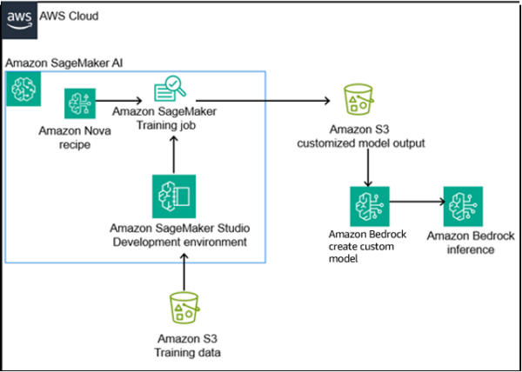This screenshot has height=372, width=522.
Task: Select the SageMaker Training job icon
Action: coord(171,90)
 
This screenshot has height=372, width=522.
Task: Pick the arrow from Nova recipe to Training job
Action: coord(122,102)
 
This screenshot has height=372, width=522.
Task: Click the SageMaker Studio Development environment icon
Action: coord(174,196)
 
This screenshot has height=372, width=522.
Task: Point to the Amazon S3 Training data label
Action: coord(185,346)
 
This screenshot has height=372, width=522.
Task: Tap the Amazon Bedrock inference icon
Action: coord(464,207)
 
